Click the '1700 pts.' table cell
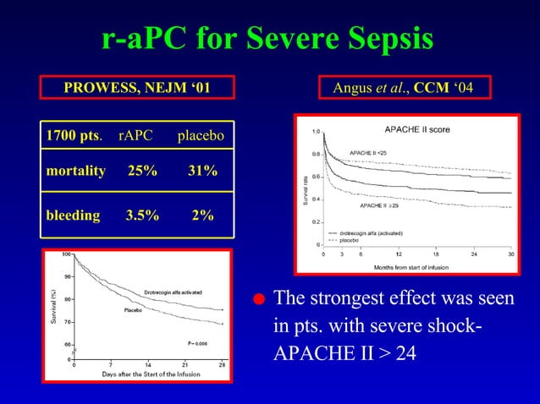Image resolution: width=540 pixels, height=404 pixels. pos(74,136)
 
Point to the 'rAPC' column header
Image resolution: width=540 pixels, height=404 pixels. pos(136,136)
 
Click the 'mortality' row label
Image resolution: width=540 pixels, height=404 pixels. pos(75,172)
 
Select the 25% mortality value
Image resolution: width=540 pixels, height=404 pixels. pos(141,172)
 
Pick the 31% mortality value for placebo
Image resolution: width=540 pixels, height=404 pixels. pos(202,172)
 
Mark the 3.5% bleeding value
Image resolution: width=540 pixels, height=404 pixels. pos(141,216)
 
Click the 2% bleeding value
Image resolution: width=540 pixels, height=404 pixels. pos(202,216)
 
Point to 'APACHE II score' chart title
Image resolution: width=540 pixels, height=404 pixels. pos(417,130)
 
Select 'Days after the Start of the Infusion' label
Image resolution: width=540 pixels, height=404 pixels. pos(151,373)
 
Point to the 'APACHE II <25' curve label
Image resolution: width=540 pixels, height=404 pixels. pos(368,152)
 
